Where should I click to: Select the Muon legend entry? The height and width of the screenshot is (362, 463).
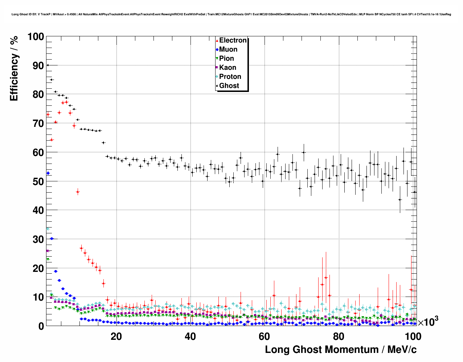pyautogui.click(x=228, y=49)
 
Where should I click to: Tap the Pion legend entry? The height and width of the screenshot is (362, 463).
pyautogui.click(x=226, y=59)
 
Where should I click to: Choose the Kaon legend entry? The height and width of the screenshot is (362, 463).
pyautogui.click(x=227, y=68)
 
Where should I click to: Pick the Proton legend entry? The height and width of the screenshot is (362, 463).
pyautogui.click(x=230, y=77)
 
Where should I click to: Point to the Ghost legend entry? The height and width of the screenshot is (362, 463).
pyautogui.click(x=229, y=86)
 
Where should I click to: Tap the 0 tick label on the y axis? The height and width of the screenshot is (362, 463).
pyautogui.click(x=40, y=326)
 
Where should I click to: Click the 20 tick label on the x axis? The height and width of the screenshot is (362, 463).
pyautogui.click(x=116, y=336)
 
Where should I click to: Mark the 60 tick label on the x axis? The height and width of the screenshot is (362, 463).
pyautogui.click(x=264, y=336)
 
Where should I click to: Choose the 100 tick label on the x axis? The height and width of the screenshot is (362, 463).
pyautogui.click(x=413, y=336)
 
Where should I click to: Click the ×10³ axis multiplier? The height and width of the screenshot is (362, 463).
pyautogui.click(x=428, y=322)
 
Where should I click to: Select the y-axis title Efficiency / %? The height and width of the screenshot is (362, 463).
pyautogui.click(x=14, y=68)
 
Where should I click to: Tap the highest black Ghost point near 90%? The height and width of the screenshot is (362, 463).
pyautogui.click(x=48, y=65)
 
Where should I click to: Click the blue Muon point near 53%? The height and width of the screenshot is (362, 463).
pyautogui.click(x=48, y=173)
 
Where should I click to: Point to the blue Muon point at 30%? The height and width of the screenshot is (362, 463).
pyautogui.click(x=52, y=238)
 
